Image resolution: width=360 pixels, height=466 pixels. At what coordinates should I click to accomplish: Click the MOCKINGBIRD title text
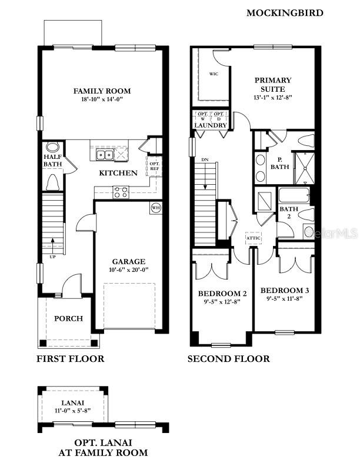pyautogui.click(x=284, y=12)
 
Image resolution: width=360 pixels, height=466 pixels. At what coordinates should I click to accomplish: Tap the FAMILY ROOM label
pyautogui.click(x=102, y=91)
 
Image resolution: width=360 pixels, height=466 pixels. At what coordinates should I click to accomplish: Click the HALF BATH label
pyautogui.click(x=53, y=161)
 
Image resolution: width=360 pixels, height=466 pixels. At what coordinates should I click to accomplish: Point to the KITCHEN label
pyautogui.click(x=118, y=173)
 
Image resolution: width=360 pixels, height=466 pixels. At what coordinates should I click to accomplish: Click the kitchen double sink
pyautogui.click(x=105, y=155)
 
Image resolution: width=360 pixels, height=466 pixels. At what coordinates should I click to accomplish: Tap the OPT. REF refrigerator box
pyautogui.click(x=154, y=166)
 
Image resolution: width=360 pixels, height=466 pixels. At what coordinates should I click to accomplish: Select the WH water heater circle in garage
pyautogui.click(x=156, y=208)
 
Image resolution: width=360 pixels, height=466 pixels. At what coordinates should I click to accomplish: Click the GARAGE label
pyautogui.click(x=129, y=261)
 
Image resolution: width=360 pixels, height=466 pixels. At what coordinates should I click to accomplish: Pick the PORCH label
pyautogui.click(x=68, y=318)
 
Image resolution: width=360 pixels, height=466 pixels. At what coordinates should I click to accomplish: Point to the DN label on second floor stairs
pyautogui.click(x=204, y=159)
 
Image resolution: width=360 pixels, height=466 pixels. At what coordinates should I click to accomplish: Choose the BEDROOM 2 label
pyautogui.click(x=222, y=294)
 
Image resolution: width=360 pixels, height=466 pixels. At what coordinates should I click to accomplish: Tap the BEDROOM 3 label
pyautogui.click(x=284, y=291)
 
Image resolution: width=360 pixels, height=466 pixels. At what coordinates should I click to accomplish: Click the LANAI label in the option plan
pyautogui.click(x=72, y=402)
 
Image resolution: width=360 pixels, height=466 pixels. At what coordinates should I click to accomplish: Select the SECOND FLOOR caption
pyautogui.click(x=228, y=359)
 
